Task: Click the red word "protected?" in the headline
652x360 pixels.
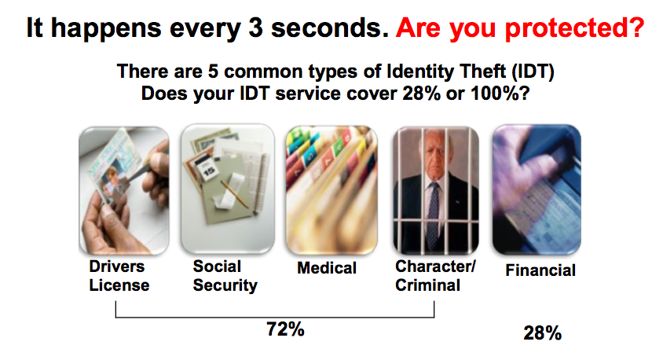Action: (x=575, y=28)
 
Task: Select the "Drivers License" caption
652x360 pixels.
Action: (x=119, y=276)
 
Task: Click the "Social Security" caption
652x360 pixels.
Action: (x=225, y=276)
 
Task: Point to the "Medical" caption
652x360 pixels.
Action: (x=327, y=268)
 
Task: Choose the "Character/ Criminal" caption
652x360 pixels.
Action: (x=435, y=276)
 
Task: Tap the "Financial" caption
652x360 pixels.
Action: (x=540, y=270)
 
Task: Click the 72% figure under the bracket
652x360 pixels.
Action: (x=285, y=329)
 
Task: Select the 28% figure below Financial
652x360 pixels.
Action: (x=542, y=333)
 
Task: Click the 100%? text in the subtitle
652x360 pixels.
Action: (x=500, y=94)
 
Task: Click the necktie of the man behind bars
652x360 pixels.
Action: (x=434, y=212)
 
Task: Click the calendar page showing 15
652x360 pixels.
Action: (x=207, y=167)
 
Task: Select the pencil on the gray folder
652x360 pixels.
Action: (x=235, y=193)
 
